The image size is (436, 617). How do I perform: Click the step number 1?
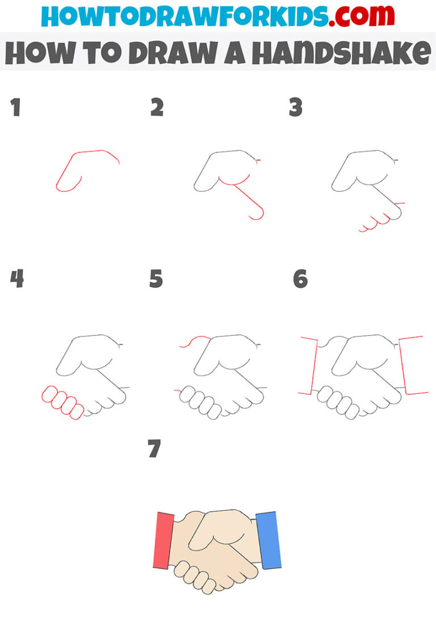click(x=15, y=108)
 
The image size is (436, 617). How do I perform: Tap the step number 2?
click(x=157, y=108)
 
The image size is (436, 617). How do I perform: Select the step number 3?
click(x=295, y=108)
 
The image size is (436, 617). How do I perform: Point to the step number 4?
click(x=17, y=279)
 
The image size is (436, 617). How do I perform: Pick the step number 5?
click(x=156, y=279)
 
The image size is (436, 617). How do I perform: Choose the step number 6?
click(x=300, y=279)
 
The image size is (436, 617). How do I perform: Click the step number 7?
click(x=154, y=450)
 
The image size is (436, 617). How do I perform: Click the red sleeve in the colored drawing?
click(x=163, y=540)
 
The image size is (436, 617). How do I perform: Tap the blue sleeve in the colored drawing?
click(x=269, y=540)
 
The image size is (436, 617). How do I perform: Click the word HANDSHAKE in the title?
click(x=341, y=54)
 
